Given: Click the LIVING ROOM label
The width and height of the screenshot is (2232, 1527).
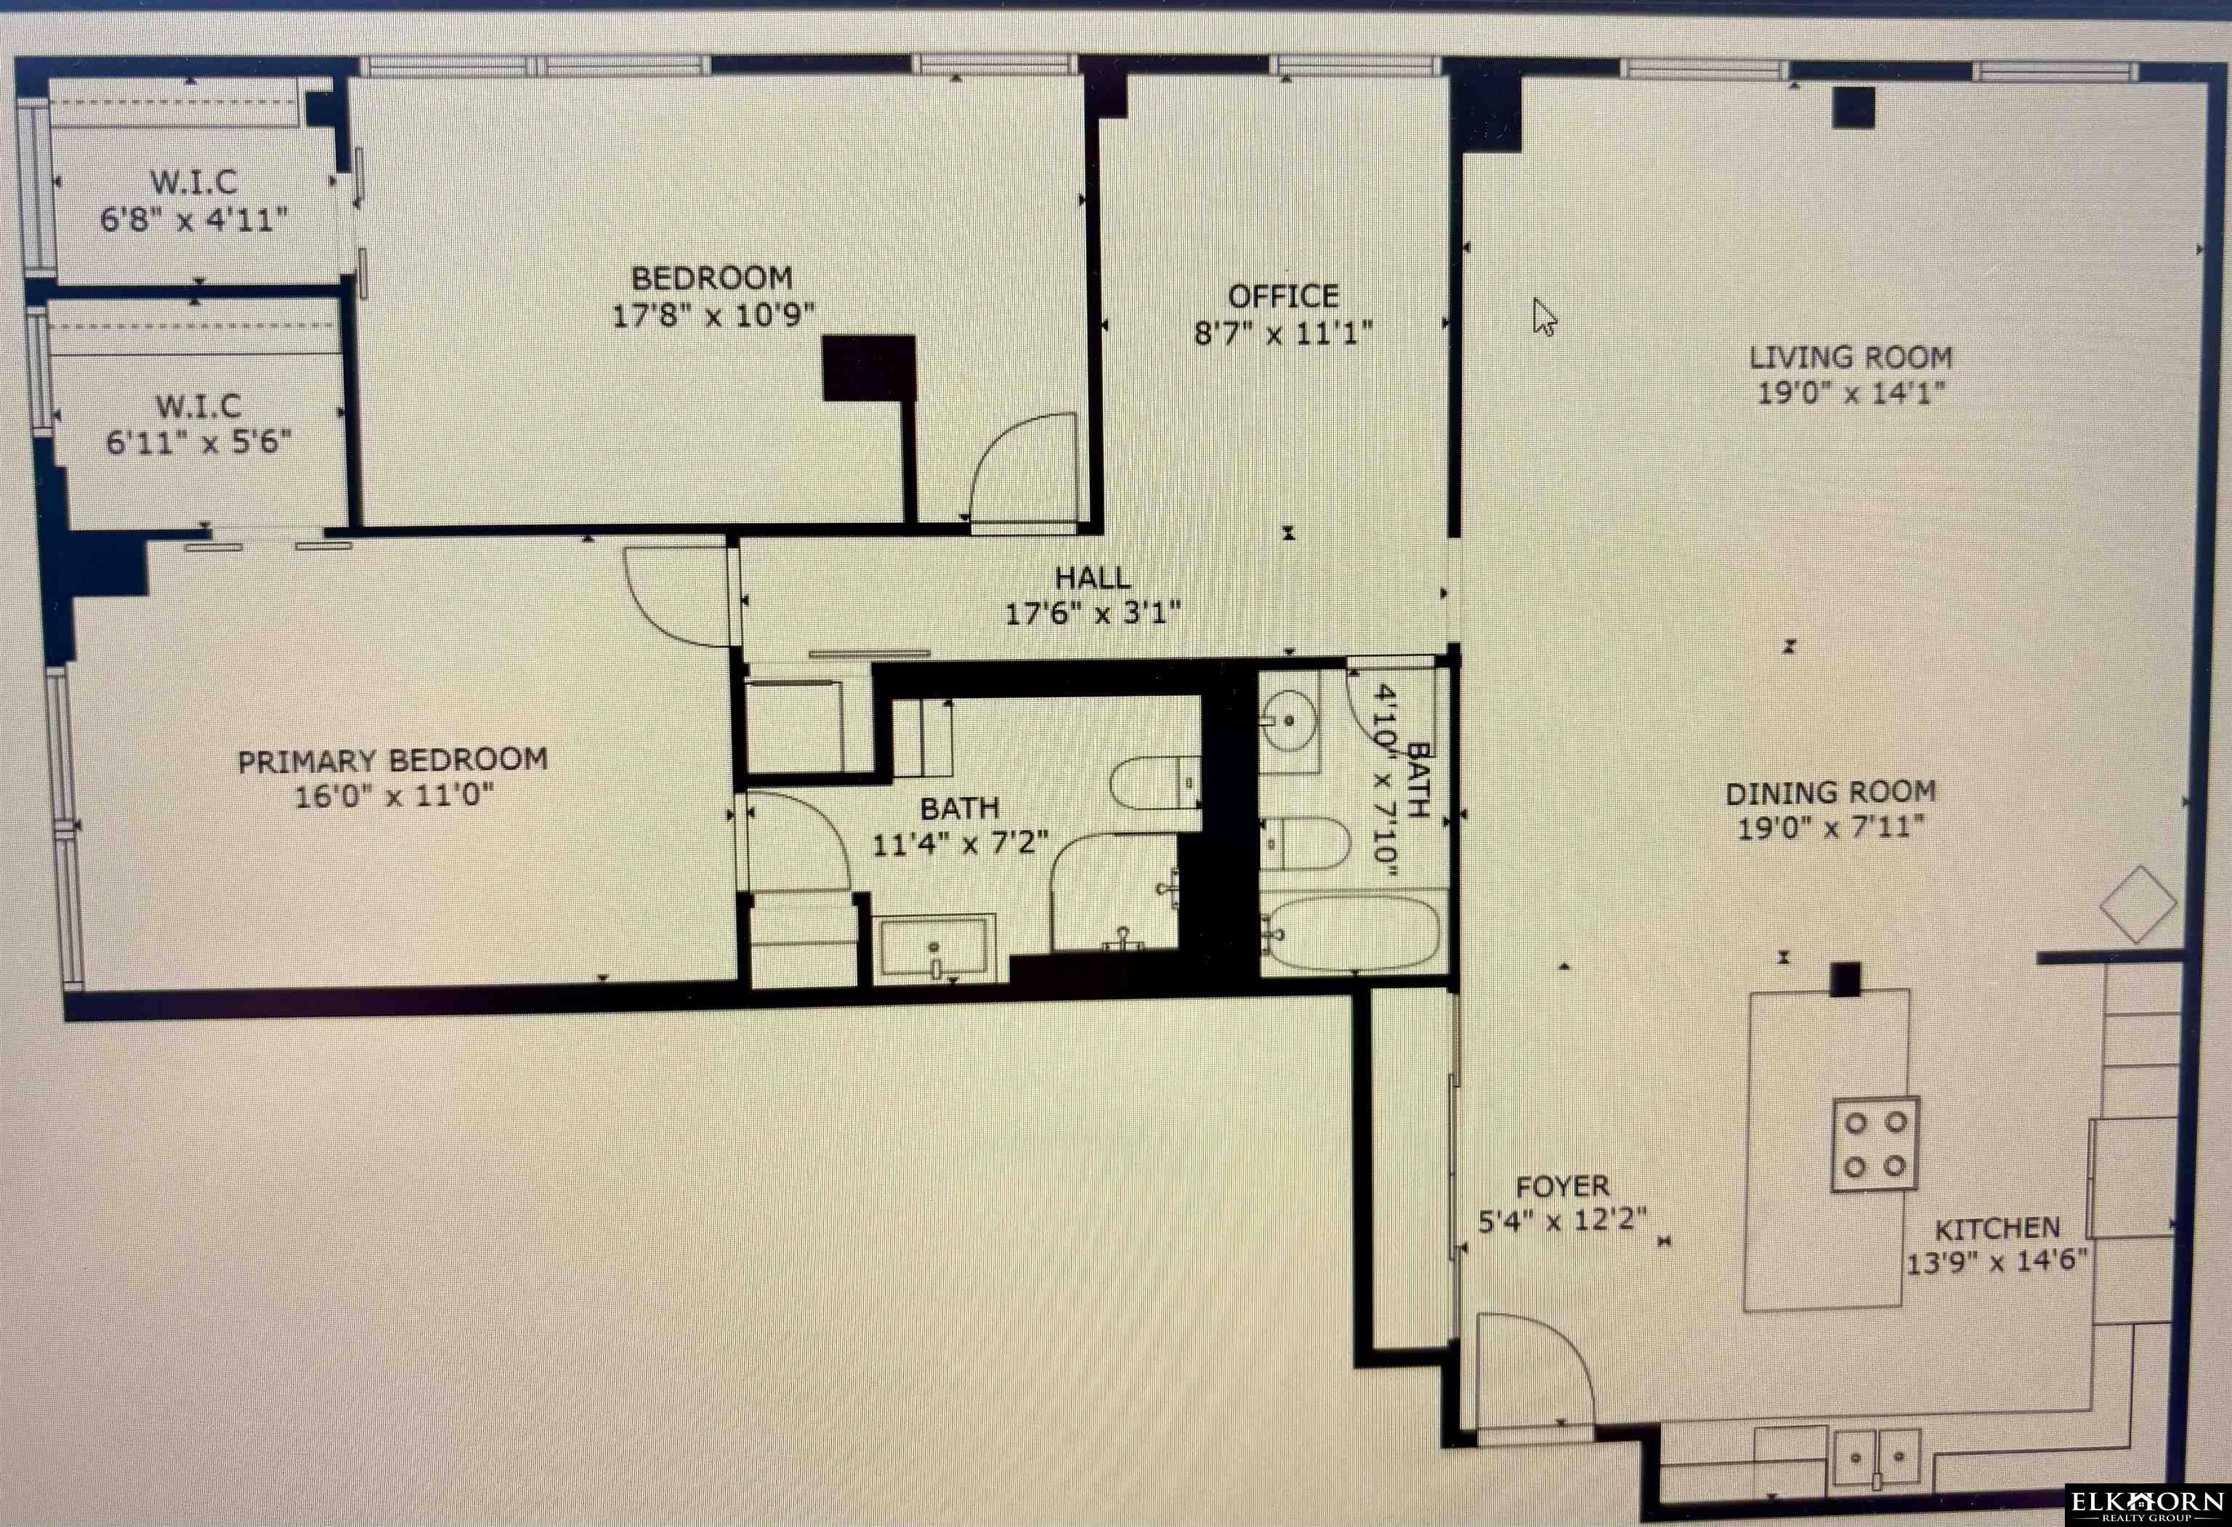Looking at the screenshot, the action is (x=1851, y=357).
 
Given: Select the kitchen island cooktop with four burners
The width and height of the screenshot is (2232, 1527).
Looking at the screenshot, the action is (x=1875, y=1145).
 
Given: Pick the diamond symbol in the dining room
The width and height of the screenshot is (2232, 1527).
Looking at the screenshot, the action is (x=2138, y=904).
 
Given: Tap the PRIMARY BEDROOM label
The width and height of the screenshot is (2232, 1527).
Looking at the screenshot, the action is (x=393, y=761).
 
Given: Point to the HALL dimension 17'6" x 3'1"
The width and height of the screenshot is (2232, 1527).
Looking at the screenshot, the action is (x=1092, y=612).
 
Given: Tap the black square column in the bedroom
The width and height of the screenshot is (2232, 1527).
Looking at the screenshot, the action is (x=868, y=368).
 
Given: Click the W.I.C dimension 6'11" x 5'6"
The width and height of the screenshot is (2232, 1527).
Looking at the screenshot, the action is (x=199, y=442).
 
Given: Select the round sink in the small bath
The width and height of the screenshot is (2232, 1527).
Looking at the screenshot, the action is (x=1288, y=719).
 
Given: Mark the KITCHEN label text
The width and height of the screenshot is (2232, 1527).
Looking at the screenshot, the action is (x=1997, y=1228).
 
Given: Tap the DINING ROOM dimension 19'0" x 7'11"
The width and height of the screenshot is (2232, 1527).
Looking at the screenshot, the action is (x=1830, y=827).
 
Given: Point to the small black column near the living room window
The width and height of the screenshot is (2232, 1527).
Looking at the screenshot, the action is (x=1853, y=108).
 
